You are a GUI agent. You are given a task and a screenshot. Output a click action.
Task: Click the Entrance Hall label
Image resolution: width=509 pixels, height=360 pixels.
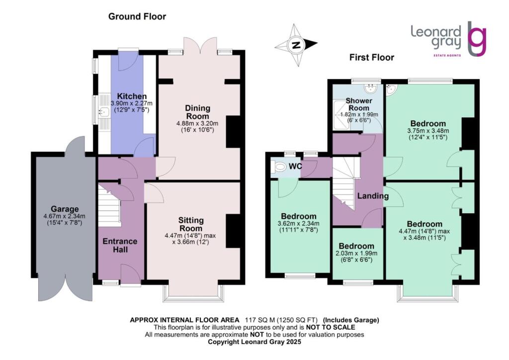point(120,245)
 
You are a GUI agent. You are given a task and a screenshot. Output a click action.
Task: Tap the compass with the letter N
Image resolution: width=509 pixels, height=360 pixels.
point(297,45)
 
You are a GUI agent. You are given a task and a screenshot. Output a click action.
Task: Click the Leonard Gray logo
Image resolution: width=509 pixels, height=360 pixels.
point(448,39)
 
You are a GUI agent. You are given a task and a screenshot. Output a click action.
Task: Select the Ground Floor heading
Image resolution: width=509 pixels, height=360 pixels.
point(137,16)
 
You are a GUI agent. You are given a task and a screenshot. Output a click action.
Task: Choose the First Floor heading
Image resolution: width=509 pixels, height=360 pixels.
point(371,57)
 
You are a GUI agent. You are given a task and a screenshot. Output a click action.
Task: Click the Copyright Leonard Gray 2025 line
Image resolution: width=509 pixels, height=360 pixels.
point(254,342)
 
